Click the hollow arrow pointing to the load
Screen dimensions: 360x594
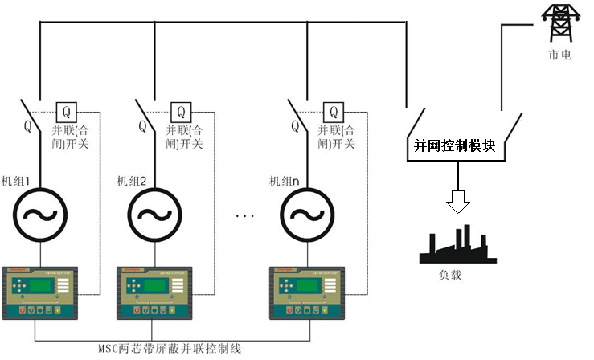(x=458, y=202)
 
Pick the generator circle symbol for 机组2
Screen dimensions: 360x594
(x=152, y=215)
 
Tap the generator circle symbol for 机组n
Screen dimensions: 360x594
(x=303, y=215)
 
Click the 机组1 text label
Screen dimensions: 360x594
(x=15, y=181)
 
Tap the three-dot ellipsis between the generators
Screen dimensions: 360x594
(x=246, y=215)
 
